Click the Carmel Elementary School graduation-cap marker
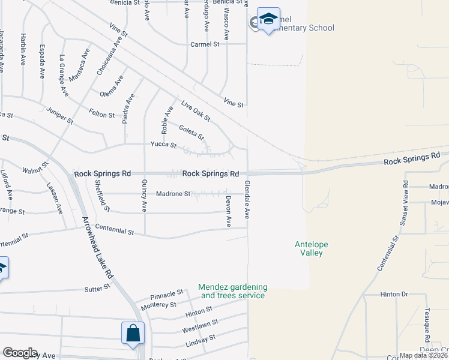pos(268,20)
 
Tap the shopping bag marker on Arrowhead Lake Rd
pos(133,334)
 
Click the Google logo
pos(19,353)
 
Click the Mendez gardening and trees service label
pos(233,292)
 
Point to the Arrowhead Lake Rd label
pos(97,254)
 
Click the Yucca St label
pos(163,145)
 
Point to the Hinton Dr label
pos(394,295)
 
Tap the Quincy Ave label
pos(144,197)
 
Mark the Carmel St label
pos(205,44)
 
